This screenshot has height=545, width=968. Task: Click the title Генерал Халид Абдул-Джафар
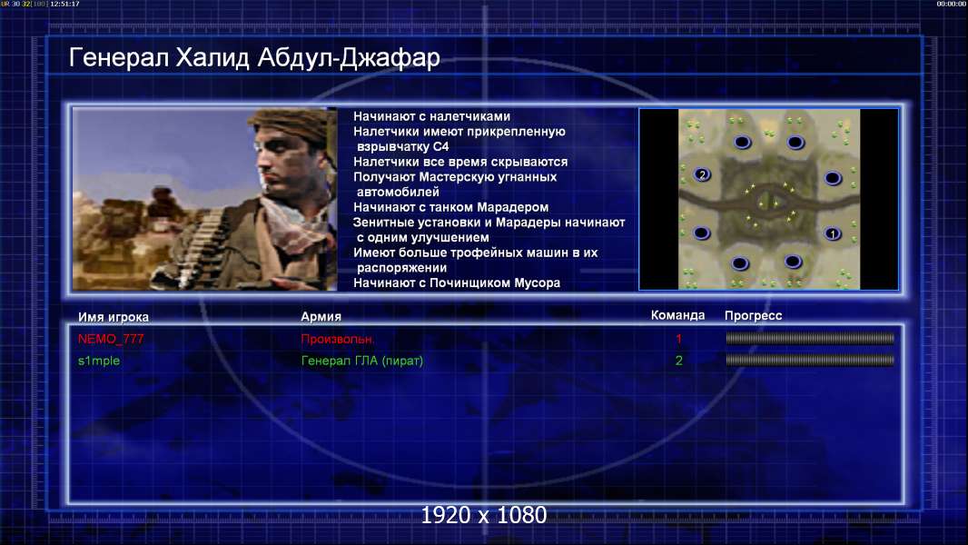click(x=254, y=58)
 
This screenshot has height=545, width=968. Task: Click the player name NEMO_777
click(x=111, y=339)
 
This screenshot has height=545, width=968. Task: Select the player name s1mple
click(x=99, y=361)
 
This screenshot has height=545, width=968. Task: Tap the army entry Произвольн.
click(x=337, y=339)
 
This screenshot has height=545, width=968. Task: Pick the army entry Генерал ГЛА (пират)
click(x=361, y=361)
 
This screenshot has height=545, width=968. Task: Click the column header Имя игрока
click(x=113, y=317)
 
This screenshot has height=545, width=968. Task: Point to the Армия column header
click(x=321, y=317)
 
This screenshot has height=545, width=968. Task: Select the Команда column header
click(x=677, y=315)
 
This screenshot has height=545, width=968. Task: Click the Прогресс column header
click(x=753, y=316)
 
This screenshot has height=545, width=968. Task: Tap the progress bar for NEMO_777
click(x=810, y=338)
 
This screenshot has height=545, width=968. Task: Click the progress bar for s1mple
click(x=810, y=360)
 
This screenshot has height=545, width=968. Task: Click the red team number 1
click(x=678, y=339)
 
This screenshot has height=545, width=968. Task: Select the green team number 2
click(x=678, y=361)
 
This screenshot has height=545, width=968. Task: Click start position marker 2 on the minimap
click(x=702, y=174)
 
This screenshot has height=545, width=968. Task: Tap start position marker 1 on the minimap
click(x=832, y=234)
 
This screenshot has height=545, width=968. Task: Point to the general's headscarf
click(x=291, y=123)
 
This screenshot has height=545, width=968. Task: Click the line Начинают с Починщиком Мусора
click(x=457, y=283)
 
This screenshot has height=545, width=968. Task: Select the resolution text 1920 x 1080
click(x=483, y=515)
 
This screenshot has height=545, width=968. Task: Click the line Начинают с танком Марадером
click(x=450, y=207)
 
